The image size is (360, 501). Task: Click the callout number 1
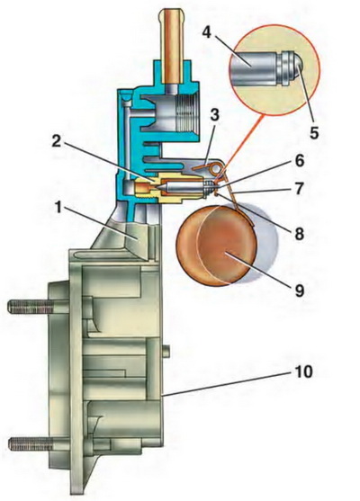[x=58, y=209]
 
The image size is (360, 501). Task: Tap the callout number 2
[x=57, y=141]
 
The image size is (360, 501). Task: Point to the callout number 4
[x=207, y=31]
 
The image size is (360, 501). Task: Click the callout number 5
[x=314, y=132]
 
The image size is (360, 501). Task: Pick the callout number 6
[x=300, y=161]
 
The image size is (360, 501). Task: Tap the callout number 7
[x=300, y=189]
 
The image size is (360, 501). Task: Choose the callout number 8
[x=300, y=234]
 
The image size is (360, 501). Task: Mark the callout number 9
[x=300, y=291]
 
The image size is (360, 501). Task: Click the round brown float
[x=216, y=246]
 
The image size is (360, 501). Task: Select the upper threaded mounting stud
[x=29, y=307]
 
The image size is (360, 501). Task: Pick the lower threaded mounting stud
[x=30, y=444]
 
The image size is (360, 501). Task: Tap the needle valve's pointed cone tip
[x=164, y=185]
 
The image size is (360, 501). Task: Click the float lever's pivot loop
[x=218, y=168]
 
